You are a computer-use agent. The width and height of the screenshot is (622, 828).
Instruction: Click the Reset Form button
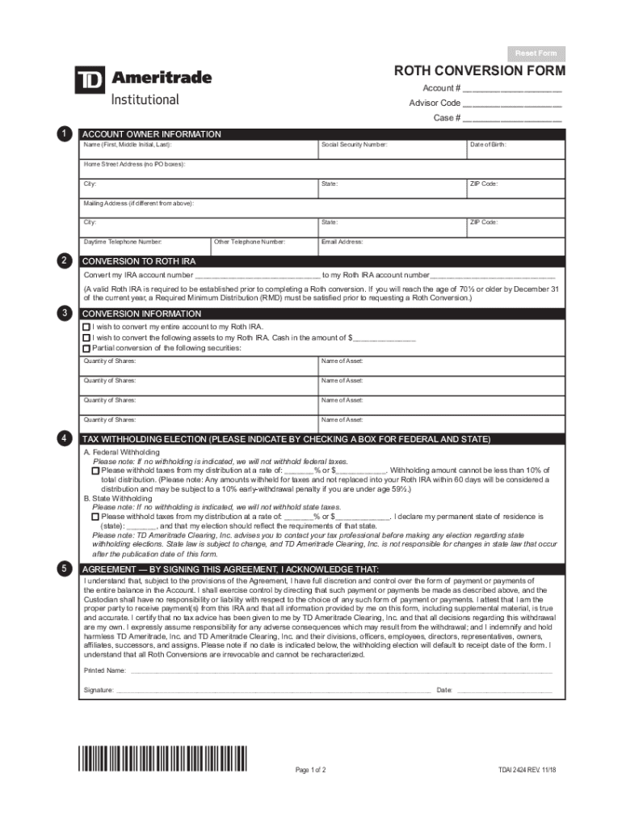[536, 53]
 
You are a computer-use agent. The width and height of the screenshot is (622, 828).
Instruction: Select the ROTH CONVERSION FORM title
[480, 71]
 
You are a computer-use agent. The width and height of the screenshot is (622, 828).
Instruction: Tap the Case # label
[447, 118]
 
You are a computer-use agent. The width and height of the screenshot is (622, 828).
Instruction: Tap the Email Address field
[440, 246]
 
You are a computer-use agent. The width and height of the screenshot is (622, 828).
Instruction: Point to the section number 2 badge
[63, 260]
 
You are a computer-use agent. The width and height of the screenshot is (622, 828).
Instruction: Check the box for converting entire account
[86, 327]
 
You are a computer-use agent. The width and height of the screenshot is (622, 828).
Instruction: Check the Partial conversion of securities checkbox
[86, 348]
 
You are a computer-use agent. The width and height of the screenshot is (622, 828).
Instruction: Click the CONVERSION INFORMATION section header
[142, 314]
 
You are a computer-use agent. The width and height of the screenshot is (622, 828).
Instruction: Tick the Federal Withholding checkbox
[96, 471]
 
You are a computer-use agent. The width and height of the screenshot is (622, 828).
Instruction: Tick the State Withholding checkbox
[96, 516]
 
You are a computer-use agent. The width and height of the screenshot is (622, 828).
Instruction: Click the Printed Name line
[339, 670]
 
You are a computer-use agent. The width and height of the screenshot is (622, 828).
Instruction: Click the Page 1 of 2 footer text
[310, 770]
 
